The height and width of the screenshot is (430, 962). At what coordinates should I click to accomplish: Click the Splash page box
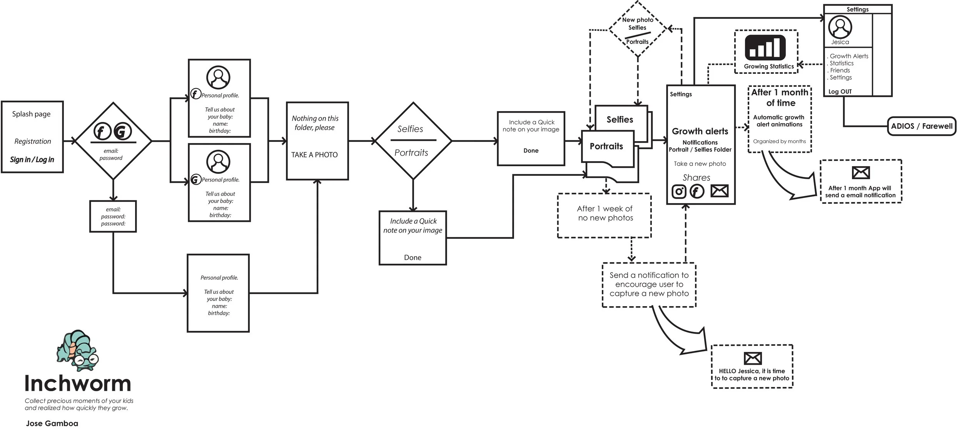[32, 137]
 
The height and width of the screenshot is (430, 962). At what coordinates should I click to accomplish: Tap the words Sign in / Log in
[32, 160]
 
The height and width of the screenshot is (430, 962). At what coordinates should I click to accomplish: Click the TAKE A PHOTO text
[314, 155]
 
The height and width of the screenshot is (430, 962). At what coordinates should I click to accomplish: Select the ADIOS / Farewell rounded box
[921, 126]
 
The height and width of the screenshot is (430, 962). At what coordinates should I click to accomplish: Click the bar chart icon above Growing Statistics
[765, 48]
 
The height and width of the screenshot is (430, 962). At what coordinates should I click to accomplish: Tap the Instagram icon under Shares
[679, 192]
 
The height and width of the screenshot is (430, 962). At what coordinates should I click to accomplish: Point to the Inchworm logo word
[78, 383]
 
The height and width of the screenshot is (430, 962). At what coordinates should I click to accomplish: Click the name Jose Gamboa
[52, 423]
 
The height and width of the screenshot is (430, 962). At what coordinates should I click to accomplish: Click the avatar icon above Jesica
[840, 27]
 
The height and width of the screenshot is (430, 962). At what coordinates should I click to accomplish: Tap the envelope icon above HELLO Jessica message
[752, 358]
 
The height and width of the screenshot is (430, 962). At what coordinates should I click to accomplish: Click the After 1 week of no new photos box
[604, 215]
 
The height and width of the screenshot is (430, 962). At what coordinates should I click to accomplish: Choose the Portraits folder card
[607, 148]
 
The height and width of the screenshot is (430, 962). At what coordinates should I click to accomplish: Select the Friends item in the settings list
[840, 70]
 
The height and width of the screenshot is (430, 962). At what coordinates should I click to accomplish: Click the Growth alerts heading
[700, 131]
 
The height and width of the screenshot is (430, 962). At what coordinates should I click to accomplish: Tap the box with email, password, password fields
[113, 217]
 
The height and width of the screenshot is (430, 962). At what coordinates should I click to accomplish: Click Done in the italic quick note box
[413, 257]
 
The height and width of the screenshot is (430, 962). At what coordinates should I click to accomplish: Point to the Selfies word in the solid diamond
[410, 129]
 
